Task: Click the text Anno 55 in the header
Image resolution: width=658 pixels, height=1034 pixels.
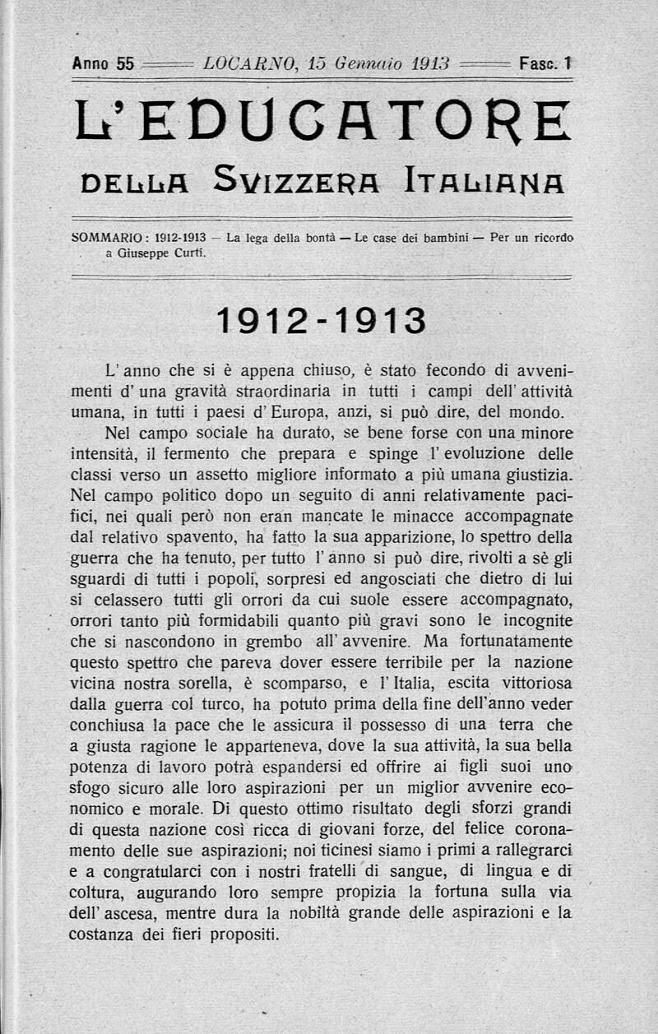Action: coord(103,63)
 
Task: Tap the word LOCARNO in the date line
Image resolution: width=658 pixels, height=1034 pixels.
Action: coord(240,63)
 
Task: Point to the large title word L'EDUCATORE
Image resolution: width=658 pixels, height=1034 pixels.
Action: coord(322,121)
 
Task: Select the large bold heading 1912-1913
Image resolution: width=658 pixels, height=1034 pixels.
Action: coord(321,321)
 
